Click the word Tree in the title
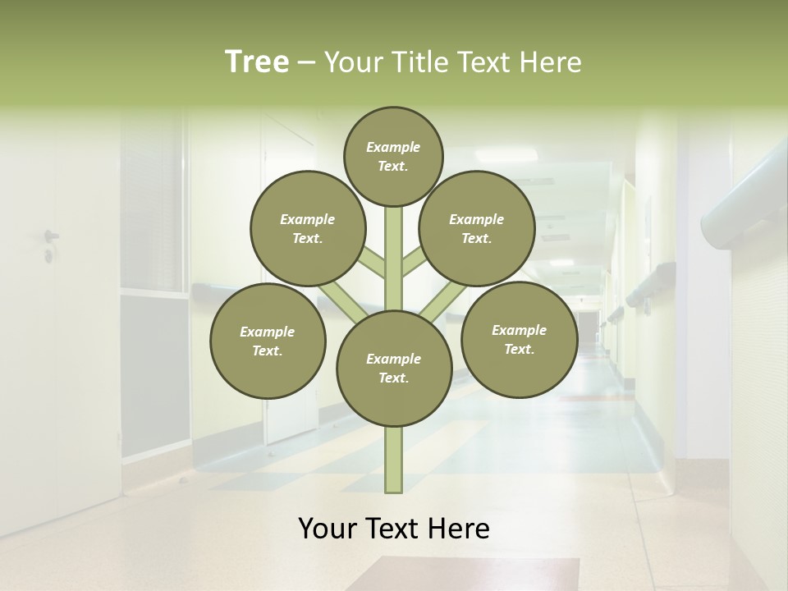[x=257, y=62]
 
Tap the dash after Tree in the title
[x=306, y=63]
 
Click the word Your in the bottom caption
[x=328, y=529]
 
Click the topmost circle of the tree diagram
[x=393, y=156]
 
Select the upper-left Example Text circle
[x=308, y=228]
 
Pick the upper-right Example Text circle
[x=477, y=228]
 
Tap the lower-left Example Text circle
[x=268, y=341]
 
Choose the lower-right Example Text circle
[x=519, y=339]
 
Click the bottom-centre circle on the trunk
[x=394, y=368]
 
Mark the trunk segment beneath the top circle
[x=394, y=246]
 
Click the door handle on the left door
[x=50, y=236]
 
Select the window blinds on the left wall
[x=152, y=205]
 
